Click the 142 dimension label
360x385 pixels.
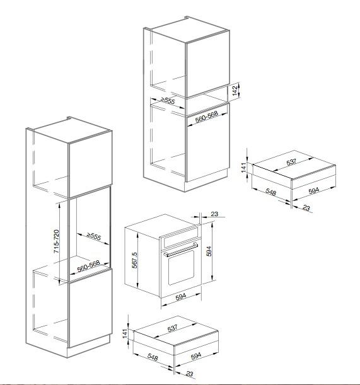click(x=235, y=91)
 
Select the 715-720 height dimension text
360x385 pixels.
click(x=56, y=241)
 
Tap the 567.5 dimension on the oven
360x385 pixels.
click(x=134, y=260)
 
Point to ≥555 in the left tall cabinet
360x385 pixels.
click(x=94, y=236)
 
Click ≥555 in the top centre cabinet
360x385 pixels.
click(x=168, y=100)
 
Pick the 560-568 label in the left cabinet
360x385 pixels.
click(x=88, y=267)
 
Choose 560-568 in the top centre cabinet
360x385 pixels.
click(x=207, y=117)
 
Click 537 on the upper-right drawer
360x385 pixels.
click(x=291, y=162)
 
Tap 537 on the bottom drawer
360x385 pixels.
click(x=172, y=328)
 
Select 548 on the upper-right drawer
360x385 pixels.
click(x=270, y=192)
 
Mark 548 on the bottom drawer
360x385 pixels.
click(x=153, y=357)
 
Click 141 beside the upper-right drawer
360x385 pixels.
click(x=243, y=168)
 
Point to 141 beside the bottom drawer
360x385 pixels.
click(x=125, y=333)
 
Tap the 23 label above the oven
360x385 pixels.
click(x=214, y=214)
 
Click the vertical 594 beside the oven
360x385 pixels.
click(x=209, y=251)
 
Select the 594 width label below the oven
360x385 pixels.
click(x=181, y=297)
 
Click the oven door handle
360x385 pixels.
click(x=180, y=250)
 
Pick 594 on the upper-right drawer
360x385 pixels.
click(x=313, y=190)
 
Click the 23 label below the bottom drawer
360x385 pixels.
click(x=189, y=374)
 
